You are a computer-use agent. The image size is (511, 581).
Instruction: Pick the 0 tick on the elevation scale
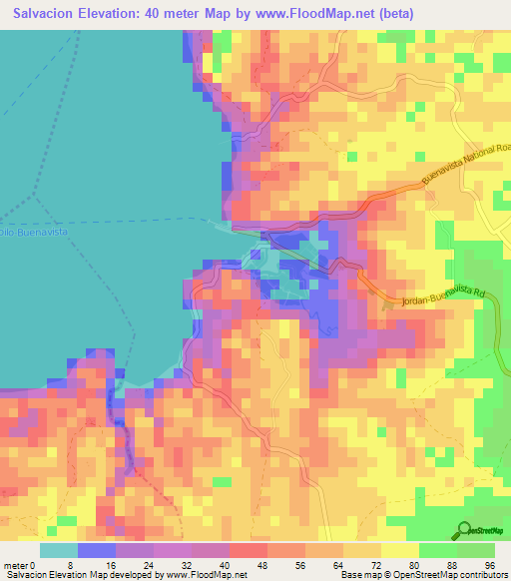coord(36,564)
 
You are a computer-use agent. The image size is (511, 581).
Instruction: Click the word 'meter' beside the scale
coord(16,564)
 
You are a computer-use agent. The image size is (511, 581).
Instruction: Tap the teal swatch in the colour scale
coord(59,550)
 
